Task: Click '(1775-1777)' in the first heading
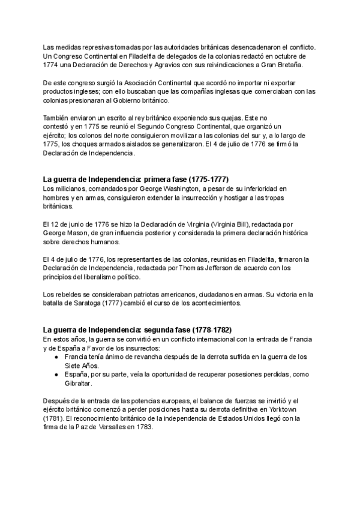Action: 209,179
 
